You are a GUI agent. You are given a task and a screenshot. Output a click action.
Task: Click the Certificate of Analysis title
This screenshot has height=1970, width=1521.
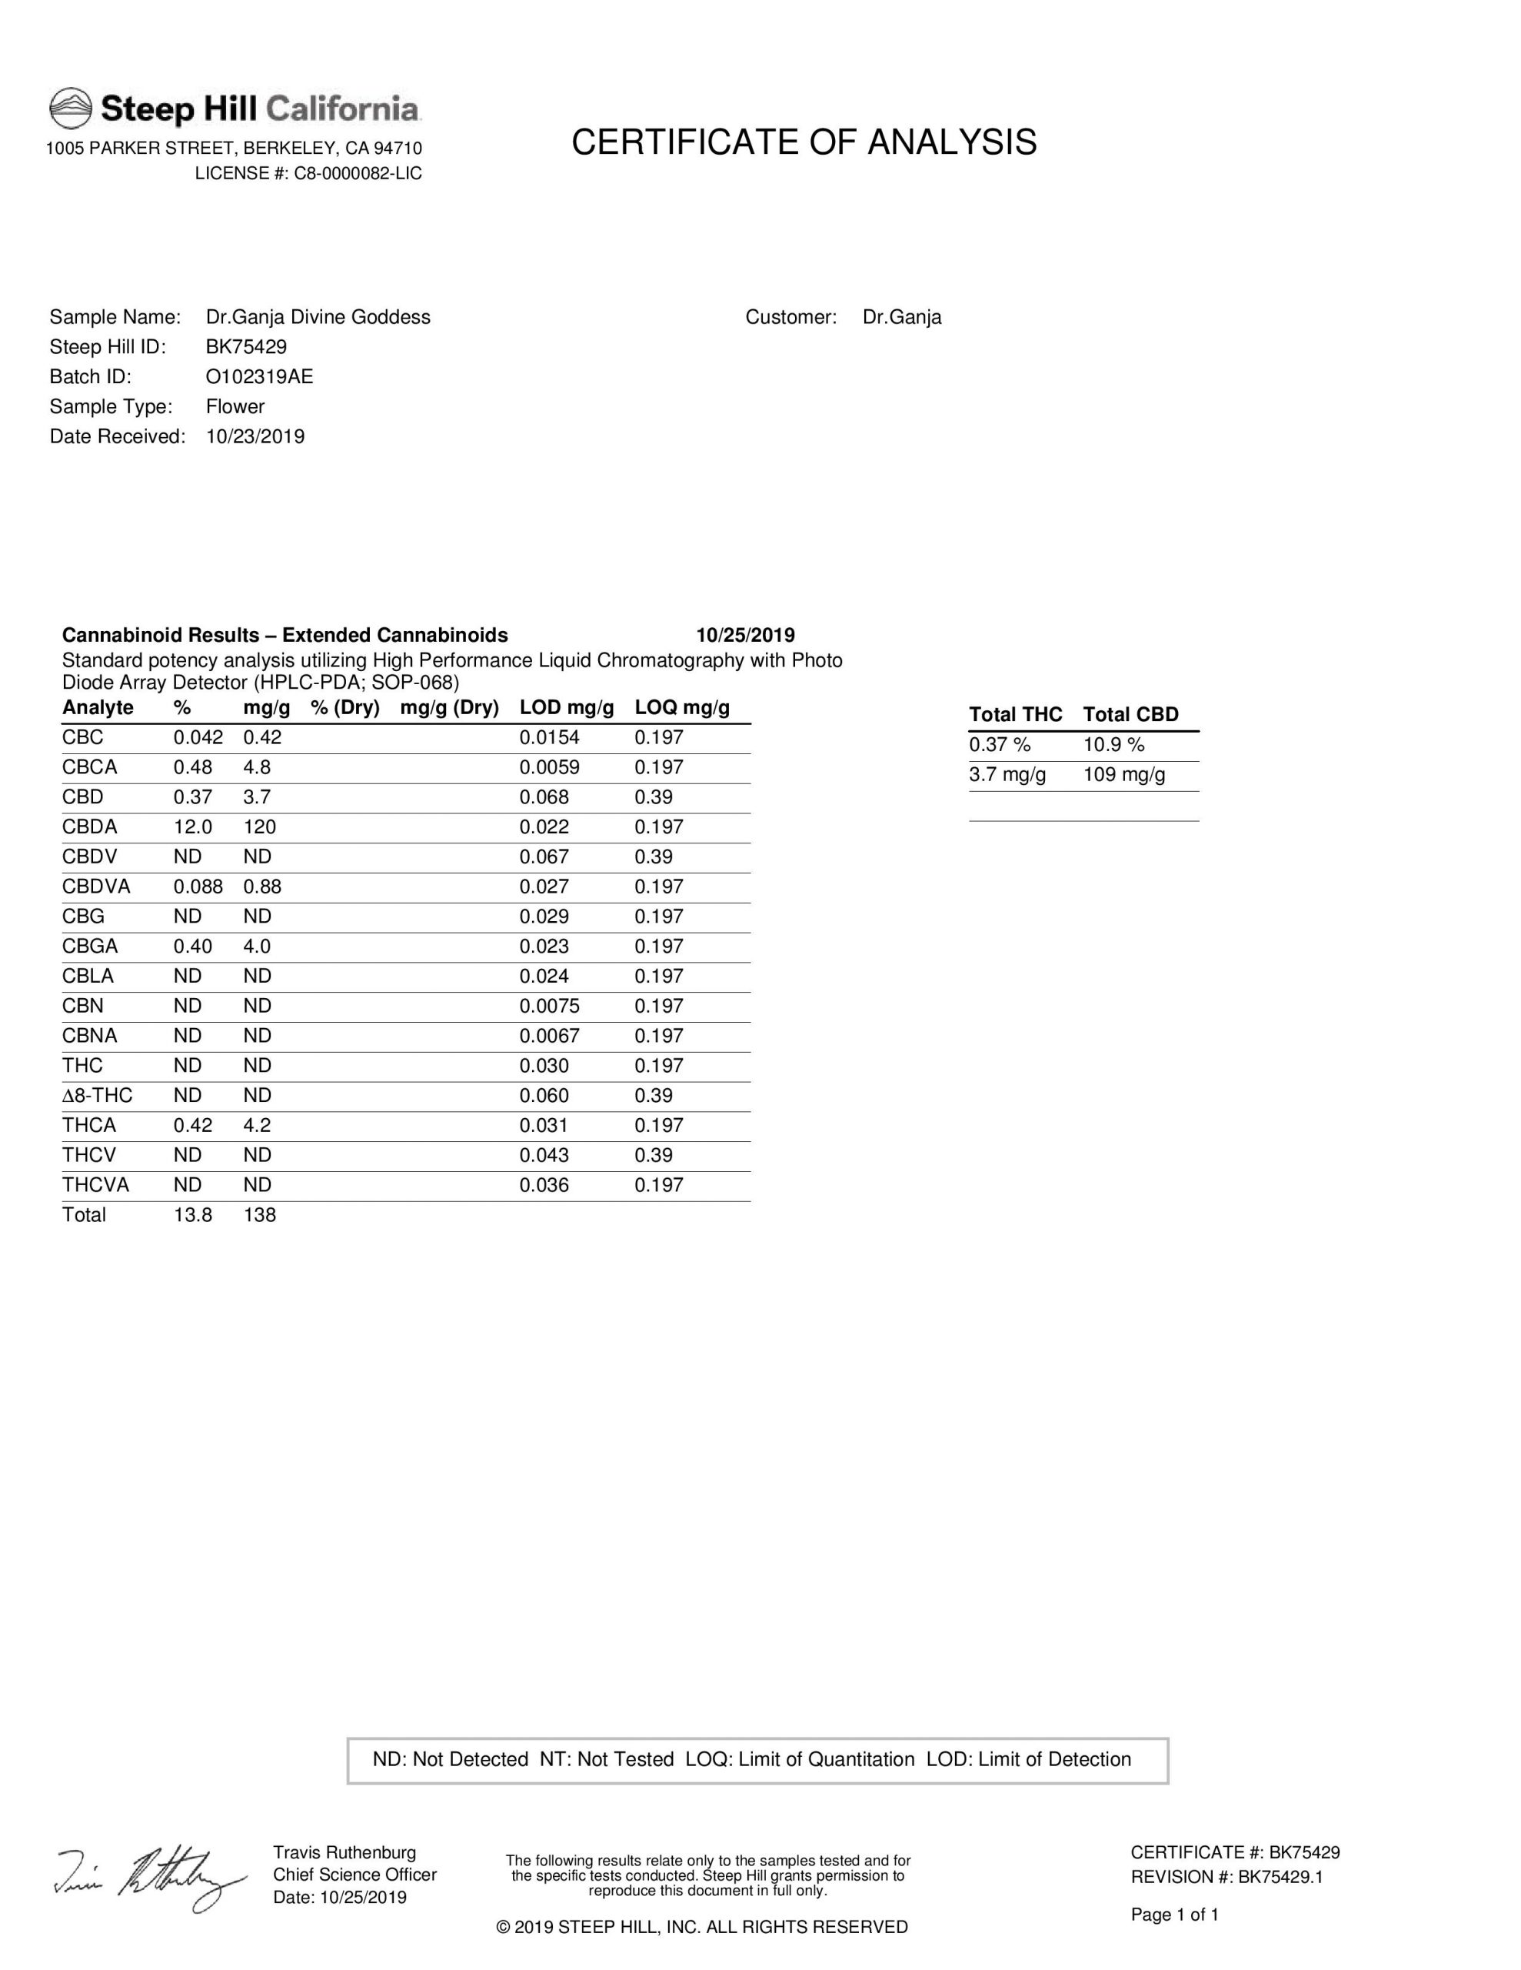[x=804, y=142]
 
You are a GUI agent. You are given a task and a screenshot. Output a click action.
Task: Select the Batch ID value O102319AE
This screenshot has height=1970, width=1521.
[x=260, y=376]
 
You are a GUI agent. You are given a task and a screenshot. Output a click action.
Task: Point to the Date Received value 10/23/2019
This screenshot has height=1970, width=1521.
[x=255, y=436]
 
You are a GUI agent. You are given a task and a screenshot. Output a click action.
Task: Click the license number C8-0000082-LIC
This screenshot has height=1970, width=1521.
[x=357, y=173]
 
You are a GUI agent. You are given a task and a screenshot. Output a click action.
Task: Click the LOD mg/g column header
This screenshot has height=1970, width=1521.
[x=566, y=707]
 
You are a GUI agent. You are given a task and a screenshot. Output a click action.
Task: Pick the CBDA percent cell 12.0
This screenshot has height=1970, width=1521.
[x=193, y=826]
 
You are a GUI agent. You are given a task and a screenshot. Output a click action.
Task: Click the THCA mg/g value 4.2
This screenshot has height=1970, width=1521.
[x=257, y=1125]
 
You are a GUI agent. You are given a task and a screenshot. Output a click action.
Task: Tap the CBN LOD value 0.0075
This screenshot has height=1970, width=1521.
[x=549, y=1006]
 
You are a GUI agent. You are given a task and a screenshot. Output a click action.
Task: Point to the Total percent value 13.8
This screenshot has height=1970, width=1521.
[x=193, y=1214]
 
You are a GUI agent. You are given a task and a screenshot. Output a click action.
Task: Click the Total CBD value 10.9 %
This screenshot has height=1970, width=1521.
[x=1113, y=744]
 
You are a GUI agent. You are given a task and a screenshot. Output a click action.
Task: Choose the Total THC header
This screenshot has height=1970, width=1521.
[x=1015, y=714]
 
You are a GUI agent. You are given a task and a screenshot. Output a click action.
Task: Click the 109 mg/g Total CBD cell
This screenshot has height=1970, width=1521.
[x=1123, y=774]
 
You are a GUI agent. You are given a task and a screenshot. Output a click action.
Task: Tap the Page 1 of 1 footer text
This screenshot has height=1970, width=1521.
[x=1174, y=1914]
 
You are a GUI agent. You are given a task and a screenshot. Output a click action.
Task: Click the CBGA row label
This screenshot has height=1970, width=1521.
[x=90, y=947]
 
